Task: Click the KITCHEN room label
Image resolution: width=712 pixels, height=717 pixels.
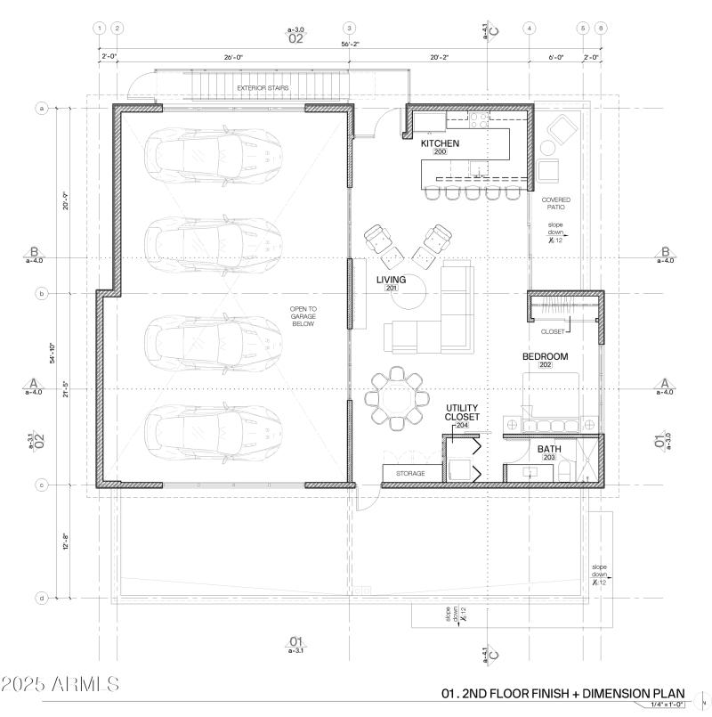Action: [x=440, y=143]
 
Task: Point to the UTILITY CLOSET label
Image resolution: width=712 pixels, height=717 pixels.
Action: [x=462, y=412]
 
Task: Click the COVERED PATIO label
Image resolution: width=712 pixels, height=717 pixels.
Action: [x=556, y=203]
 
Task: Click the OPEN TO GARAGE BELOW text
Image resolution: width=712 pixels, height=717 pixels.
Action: [x=303, y=316]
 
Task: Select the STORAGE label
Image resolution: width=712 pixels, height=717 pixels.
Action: [x=410, y=473]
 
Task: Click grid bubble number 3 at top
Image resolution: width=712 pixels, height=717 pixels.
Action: [x=350, y=29]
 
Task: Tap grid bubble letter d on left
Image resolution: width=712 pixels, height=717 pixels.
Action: [x=41, y=598]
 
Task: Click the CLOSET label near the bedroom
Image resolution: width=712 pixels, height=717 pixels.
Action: [x=553, y=331]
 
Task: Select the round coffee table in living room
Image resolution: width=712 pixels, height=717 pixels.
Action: [x=413, y=295]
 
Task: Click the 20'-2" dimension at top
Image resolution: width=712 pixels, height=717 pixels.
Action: [x=440, y=58]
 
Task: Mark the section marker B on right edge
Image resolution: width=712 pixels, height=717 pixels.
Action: [x=664, y=252]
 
